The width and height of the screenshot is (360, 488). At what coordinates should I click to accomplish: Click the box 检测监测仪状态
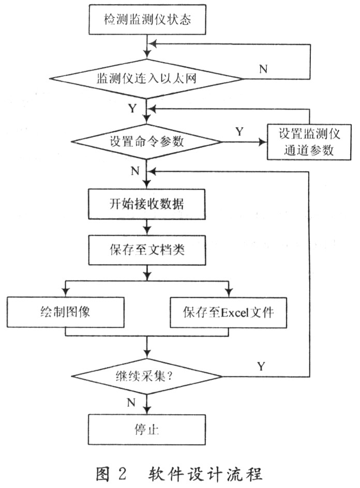[x=148, y=21]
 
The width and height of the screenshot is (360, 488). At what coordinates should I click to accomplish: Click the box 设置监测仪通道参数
[x=309, y=141]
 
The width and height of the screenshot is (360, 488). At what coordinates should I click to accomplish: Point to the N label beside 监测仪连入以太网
[x=263, y=69]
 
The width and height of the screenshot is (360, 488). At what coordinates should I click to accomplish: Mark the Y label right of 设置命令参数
[x=239, y=132]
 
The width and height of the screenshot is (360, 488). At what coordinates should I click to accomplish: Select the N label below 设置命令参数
[x=135, y=171]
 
